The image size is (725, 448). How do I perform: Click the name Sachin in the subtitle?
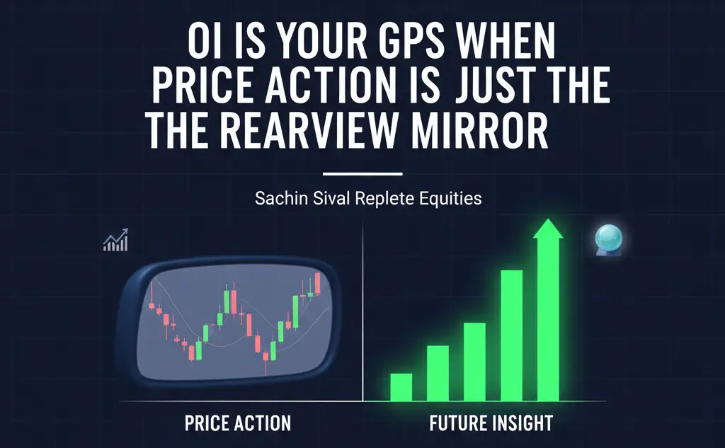coord(277,198)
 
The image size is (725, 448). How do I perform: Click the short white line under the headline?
coord(362,173)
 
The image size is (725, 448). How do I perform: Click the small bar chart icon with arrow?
coord(115,241)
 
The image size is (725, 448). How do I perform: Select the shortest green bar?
coord(401,386)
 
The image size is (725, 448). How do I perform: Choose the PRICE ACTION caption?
coord(237,424)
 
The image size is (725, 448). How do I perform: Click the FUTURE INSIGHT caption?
coord(491,424)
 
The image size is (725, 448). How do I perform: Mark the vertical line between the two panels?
coord(362,311)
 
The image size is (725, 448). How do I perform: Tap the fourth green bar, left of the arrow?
coord(511,335)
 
